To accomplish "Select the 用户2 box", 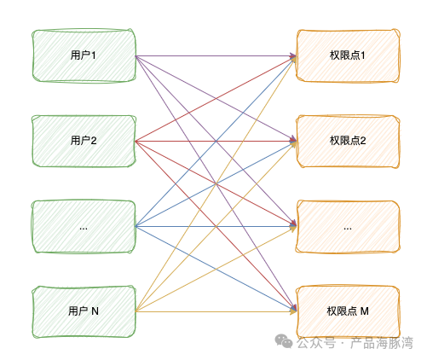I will (84, 141).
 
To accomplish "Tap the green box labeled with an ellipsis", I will (84, 227).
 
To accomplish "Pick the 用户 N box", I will (84, 311).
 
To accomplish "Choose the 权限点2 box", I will (347, 141).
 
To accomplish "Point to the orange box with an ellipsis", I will (347, 227).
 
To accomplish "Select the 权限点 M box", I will (347, 311).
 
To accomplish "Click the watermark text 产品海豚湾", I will (382, 343).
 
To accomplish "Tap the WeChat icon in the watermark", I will (283, 341).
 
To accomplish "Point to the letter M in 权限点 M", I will (365, 311).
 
